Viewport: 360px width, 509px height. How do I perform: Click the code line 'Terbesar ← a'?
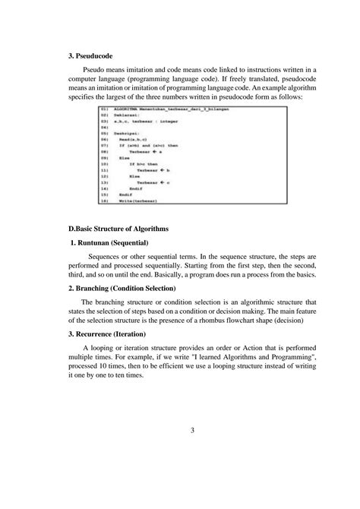[x=144, y=152]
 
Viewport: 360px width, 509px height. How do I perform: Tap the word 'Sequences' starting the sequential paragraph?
[x=106, y=258]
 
